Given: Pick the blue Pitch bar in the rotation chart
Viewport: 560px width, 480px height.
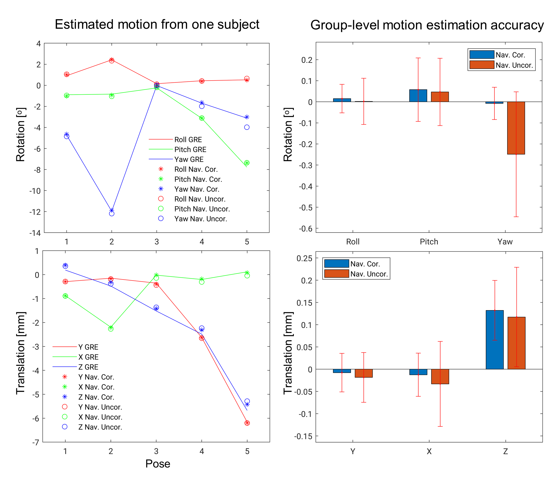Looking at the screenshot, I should (x=418, y=96).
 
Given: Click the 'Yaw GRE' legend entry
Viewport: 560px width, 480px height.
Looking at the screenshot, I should (x=189, y=159).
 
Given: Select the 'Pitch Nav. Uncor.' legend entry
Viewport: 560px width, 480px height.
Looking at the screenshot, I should (x=202, y=209).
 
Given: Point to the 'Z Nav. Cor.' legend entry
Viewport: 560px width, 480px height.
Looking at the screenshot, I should (x=96, y=397).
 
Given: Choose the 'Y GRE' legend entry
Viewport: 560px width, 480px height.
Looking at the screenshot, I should (x=88, y=347).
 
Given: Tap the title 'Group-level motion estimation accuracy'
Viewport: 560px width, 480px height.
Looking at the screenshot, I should (x=427, y=25).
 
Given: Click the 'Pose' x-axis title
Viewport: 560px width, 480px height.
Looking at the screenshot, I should (x=158, y=464).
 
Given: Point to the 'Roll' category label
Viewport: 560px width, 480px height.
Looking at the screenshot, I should (x=353, y=242).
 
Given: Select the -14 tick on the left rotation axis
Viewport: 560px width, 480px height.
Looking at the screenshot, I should (x=35, y=233).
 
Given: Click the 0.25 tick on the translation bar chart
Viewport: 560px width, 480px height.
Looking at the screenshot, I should (x=304, y=258).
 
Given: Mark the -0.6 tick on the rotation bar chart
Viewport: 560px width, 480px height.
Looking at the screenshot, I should (x=305, y=229).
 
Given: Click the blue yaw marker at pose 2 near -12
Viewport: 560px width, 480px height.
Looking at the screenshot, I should (x=112, y=211).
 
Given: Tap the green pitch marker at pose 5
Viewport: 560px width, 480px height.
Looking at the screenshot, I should (x=247, y=163).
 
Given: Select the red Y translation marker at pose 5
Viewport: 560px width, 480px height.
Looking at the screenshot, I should (x=247, y=423).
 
